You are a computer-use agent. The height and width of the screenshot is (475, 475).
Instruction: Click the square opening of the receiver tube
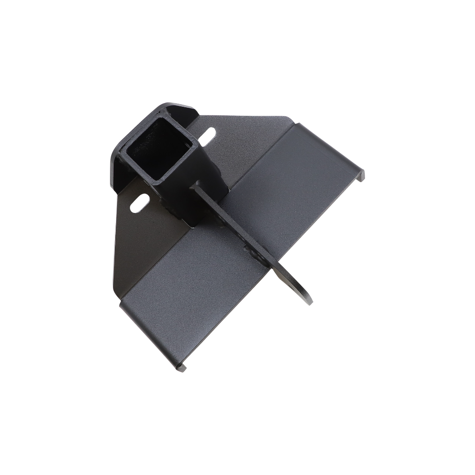click(x=153, y=151)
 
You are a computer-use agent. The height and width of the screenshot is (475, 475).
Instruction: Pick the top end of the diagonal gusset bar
click(x=196, y=185)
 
